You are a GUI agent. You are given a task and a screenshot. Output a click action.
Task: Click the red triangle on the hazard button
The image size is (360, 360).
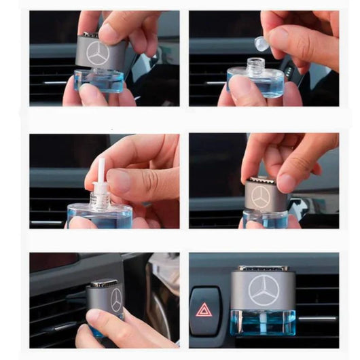coord(204,310)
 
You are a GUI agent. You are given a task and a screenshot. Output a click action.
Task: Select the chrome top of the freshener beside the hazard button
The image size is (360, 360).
coord(263,268)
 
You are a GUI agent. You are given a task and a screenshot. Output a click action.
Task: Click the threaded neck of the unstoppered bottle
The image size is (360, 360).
coord(255,67)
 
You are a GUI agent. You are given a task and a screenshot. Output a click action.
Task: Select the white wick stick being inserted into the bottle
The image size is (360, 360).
coord(101,173)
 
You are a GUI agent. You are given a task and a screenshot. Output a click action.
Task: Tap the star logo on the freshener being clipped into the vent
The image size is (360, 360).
coord(116,300)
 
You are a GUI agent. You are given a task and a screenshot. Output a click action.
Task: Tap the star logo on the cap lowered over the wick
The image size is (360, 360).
coord(260,197)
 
